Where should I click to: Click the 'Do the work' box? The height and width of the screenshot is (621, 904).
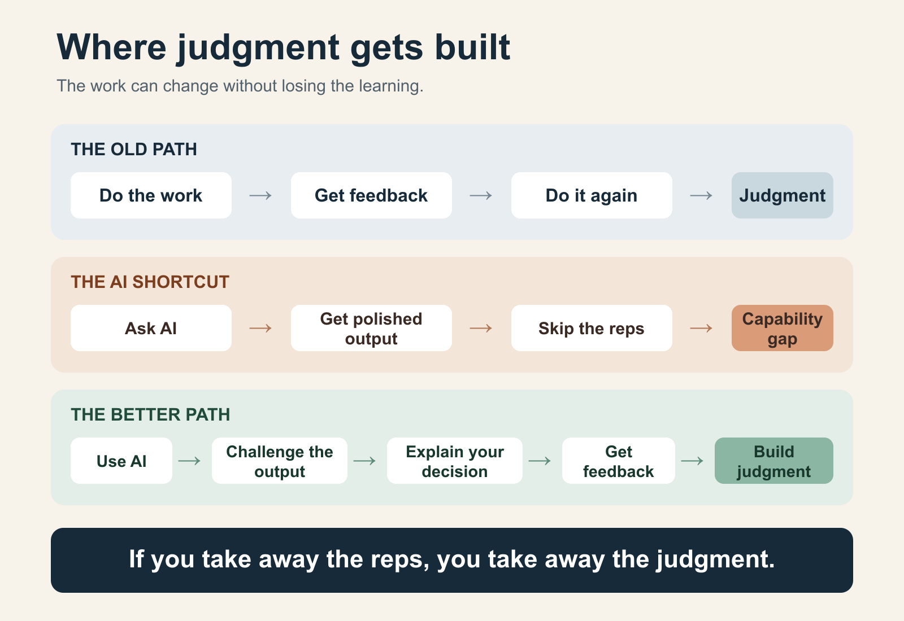pos(151,195)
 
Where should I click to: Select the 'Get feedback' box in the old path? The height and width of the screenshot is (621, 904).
pos(371,195)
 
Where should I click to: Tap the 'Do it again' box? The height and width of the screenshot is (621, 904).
pos(592,195)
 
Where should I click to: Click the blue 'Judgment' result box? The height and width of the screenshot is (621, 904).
pos(783,195)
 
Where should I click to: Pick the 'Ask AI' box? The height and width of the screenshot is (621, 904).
pos(151,328)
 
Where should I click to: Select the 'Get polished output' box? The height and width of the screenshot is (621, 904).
pos(371,328)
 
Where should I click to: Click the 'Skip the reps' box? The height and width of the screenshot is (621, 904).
pos(592,328)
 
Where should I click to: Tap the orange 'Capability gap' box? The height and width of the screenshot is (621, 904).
pos(783,328)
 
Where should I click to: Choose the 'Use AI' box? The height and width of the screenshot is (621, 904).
pos(121,461)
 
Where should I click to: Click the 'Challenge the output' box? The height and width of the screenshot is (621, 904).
pos(280,461)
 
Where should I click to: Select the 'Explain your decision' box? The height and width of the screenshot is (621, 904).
pos(455,461)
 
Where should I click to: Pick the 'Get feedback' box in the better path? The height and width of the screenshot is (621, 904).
pos(619,461)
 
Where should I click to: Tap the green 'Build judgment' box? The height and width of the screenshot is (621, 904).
pos(774,461)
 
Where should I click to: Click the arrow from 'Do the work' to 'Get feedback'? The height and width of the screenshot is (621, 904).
pos(260,196)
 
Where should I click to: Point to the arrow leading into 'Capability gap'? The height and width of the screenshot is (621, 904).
pos(701,329)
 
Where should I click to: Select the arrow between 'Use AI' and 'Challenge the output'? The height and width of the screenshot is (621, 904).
pos(190,461)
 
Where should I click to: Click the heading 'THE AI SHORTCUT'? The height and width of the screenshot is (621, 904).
pos(150,282)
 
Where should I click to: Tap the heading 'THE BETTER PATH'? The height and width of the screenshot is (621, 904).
pos(150,414)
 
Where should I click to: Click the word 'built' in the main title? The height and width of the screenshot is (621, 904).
pos(472,47)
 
